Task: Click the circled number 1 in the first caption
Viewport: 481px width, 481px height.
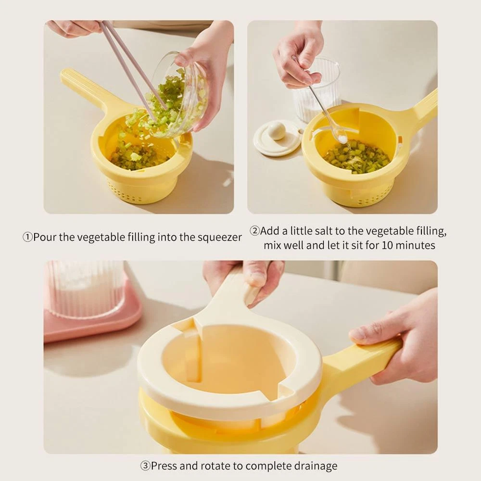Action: [27, 237]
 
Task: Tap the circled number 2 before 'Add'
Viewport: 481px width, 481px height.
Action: [254, 231]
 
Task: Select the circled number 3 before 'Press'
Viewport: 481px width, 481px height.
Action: [145, 466]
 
